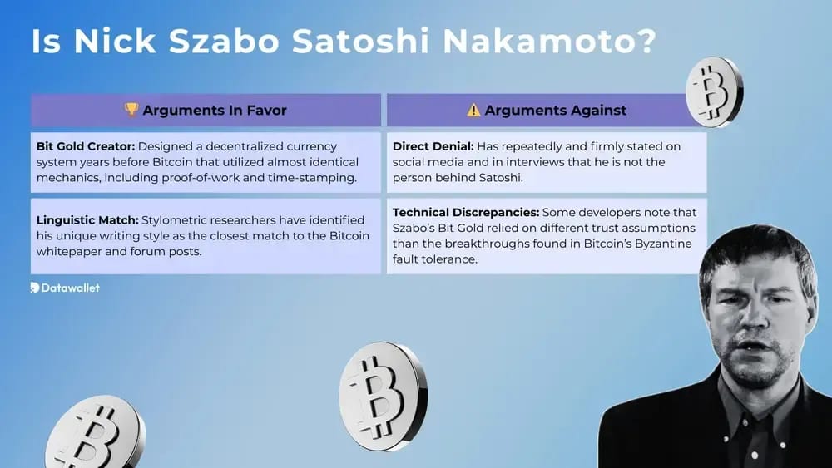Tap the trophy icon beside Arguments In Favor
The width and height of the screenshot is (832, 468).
pyautogui.click(x=131, y=110)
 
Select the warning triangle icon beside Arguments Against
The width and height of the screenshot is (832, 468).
pyautogui.click(x=473, y=110)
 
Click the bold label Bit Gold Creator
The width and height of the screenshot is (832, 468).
pyautogui.click(x=84, y=146)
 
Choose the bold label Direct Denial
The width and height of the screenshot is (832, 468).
pyautogui.click(x=433, y=146)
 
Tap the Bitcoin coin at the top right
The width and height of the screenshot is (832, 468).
pyautogui.click(x=714, y=91)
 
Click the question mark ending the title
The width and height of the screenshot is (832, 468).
pyautogui.click(x=646, y=42)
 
